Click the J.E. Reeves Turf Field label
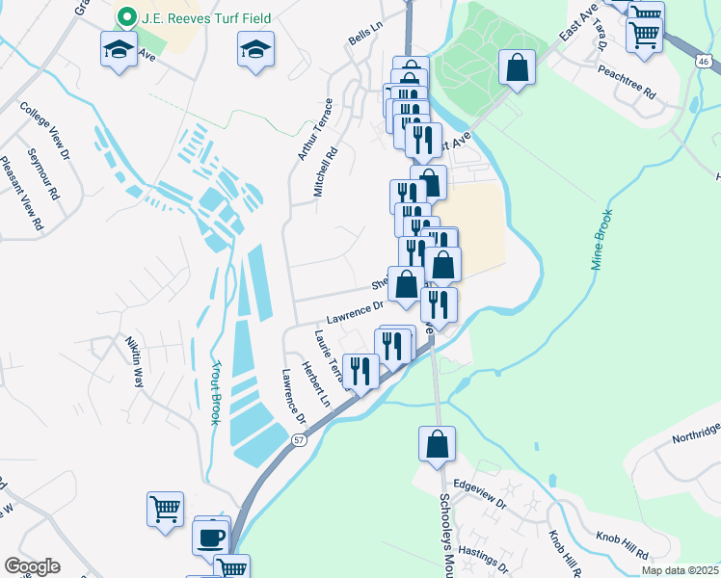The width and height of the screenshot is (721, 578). (203, 17)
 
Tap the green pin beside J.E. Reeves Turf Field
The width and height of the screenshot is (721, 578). (124, 17)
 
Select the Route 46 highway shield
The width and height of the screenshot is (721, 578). (705, 62)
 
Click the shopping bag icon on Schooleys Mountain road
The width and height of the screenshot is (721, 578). (437, 443)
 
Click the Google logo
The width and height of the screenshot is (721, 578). (32, 565)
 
